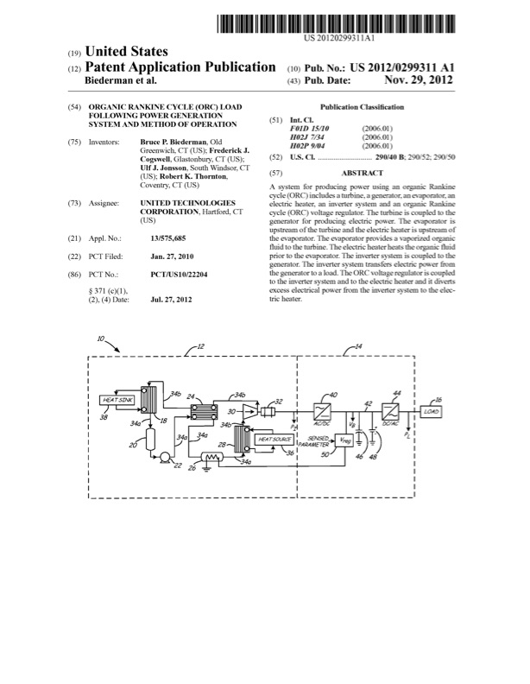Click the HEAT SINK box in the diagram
(x=118, y=400)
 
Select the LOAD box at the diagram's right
(x=432, y=411)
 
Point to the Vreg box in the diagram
(x=345, y=440)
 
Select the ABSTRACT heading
(x=362, y=174)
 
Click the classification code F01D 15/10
(x=310, y=128)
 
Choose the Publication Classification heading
(x=362, y=106)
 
